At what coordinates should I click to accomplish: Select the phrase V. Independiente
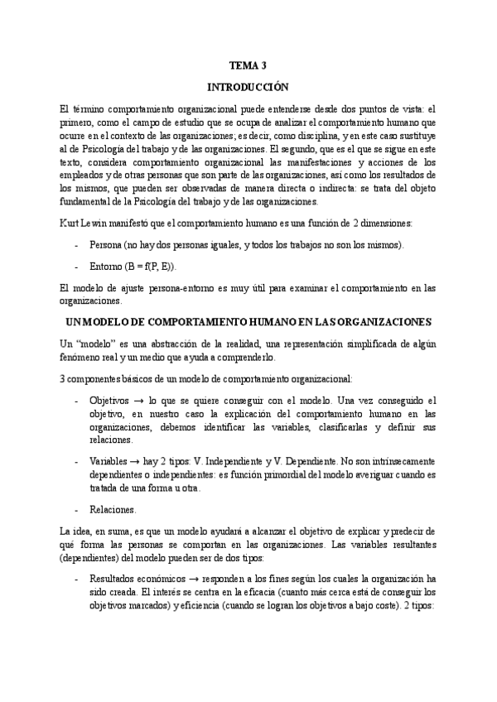(x=239, y=460)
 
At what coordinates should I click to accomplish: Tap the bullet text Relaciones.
(x=113, y=509)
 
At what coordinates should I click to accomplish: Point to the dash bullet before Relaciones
(x=76, y=509)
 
